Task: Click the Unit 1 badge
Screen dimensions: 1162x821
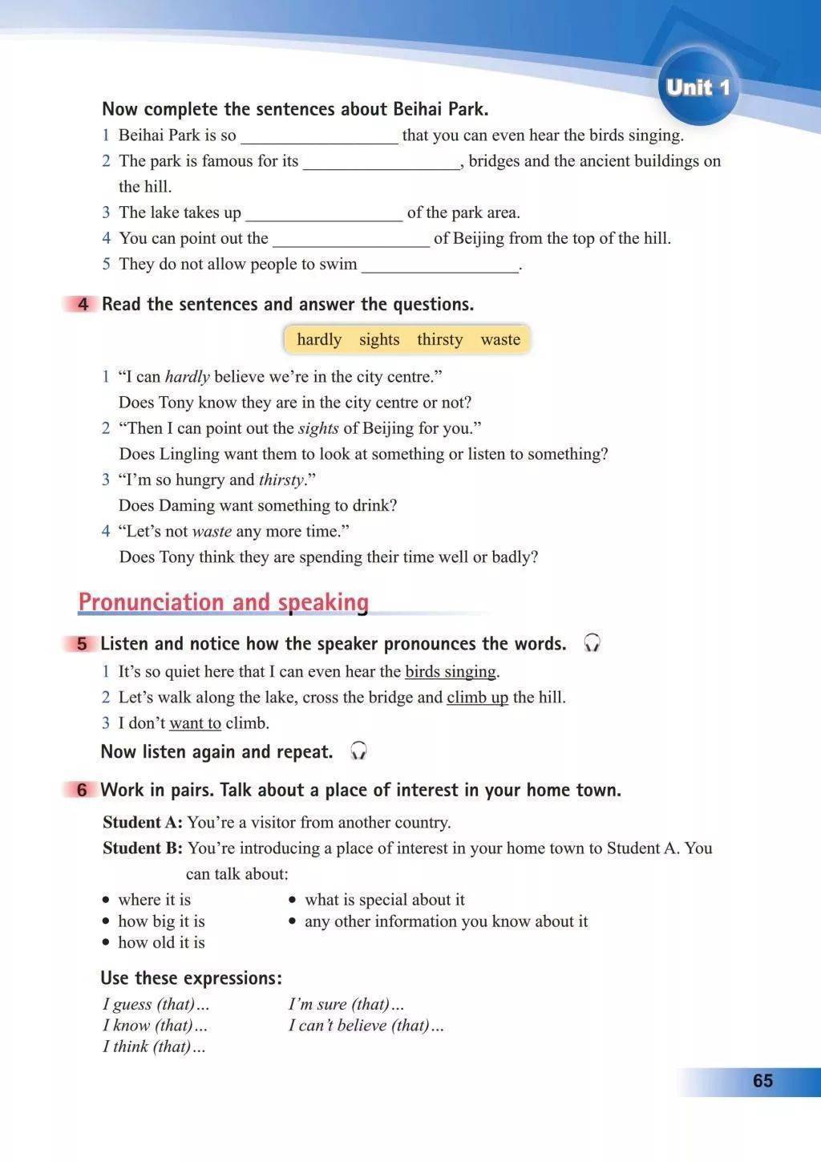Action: coord(698,87)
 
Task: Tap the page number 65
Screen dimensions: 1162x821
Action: coord(762,1080)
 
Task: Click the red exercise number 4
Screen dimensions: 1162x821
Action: coord(83,305)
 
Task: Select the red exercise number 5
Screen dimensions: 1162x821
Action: coord(83,644)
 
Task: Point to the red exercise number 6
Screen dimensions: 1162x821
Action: coord(83,790)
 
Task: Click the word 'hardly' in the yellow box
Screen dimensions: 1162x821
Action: coord(319,339)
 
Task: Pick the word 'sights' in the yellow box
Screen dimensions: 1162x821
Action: coord(379,339)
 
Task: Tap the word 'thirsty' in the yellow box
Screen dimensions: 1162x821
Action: coord(439,339)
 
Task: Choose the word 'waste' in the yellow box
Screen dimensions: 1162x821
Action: coord(500,339)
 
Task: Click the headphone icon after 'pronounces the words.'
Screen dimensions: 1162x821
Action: coord(592,643)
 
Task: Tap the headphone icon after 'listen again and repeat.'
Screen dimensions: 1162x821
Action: coord(358,751)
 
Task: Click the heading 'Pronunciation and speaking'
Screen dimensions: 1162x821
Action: coord(224,602)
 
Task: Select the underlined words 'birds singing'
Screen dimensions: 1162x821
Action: coord(451,672)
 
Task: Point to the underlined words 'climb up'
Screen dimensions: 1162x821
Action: coord(477,698)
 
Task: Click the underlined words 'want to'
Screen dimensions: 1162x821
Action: coord(195,723)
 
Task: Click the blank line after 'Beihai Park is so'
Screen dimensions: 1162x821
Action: coord(319,136)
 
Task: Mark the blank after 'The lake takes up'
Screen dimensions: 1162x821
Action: coord(324,213)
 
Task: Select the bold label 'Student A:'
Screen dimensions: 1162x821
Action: coord(143,822)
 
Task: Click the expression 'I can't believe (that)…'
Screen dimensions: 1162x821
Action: coord(366,1025)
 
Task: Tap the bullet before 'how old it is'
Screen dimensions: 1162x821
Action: coord(106,943)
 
